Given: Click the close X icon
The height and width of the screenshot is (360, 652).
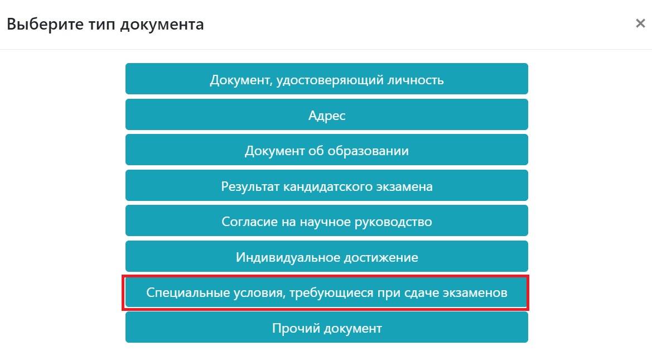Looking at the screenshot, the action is coord(640,23).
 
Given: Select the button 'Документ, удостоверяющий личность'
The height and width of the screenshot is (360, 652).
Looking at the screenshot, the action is coord(327,79).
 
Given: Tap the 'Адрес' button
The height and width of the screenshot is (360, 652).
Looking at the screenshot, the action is coord(327,114).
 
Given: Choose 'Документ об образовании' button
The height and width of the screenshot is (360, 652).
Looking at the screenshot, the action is coord(327,150).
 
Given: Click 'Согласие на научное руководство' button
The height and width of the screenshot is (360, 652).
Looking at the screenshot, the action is coord(327,220).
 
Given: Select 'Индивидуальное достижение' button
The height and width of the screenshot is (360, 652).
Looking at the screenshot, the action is coord(327,256).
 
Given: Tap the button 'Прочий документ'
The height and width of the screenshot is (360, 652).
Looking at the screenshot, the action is coord(327,328).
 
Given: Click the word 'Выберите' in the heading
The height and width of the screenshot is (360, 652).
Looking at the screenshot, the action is coord(45,24).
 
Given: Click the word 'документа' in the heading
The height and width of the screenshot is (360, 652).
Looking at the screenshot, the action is coord(162,25).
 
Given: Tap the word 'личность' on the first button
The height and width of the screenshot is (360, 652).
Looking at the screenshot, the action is coord(416,79).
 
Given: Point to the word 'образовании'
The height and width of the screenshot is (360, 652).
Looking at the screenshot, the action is coord(368,150).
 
